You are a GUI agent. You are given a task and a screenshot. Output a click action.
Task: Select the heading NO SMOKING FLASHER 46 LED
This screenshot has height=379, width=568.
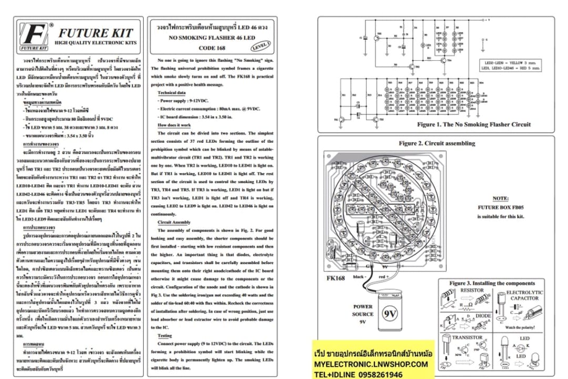[211, 38]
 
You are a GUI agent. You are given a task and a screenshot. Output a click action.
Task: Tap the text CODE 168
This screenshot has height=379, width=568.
[211, 48]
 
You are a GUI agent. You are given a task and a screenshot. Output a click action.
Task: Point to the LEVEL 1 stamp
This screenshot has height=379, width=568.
[261, 45]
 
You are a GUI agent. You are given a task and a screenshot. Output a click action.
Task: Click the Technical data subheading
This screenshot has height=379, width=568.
[171, 92]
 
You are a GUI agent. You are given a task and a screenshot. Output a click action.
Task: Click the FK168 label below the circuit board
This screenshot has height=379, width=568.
[336, 278]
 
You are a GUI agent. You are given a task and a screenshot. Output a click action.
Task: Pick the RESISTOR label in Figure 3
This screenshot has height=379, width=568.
[472, 290]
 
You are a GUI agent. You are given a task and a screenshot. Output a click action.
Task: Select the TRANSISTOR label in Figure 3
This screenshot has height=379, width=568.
[468, 338]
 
